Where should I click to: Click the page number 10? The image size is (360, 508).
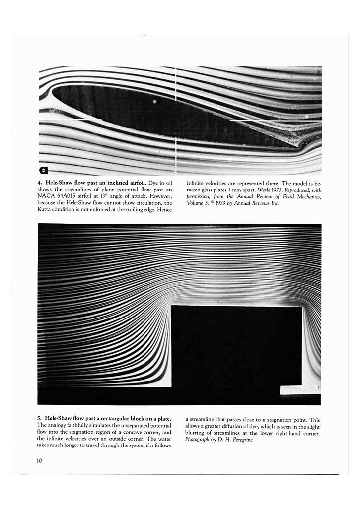pos(39,461)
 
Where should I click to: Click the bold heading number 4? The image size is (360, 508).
pos(39,183)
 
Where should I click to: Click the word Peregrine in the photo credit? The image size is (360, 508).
pos(233,440)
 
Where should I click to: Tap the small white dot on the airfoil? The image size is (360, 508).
pos(155,101)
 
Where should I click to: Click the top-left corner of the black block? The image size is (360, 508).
pos(172,307)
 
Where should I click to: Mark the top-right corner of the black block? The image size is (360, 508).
pos(301,307)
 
